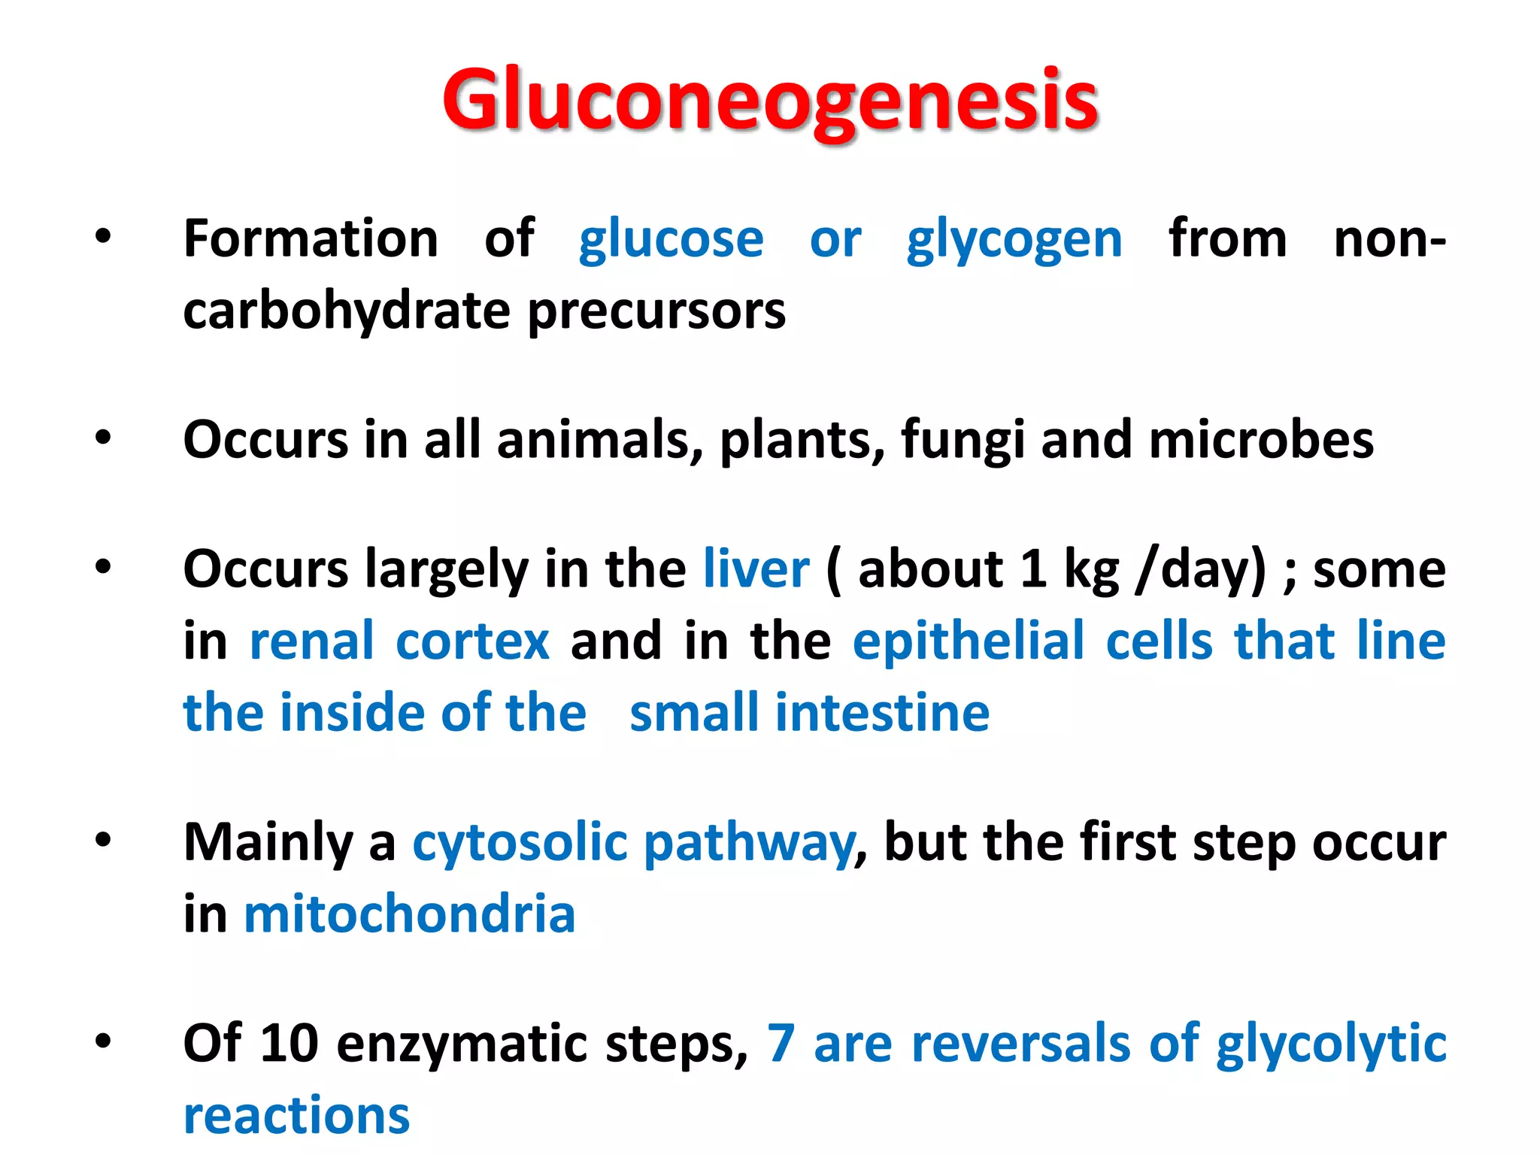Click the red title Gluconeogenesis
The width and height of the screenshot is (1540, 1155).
770,101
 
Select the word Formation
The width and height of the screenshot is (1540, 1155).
311,239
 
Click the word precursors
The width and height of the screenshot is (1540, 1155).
656,311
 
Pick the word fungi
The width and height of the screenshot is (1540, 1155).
962,441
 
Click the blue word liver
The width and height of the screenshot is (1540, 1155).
756,568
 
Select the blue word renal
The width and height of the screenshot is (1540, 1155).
311,641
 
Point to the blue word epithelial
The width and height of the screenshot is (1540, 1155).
969,642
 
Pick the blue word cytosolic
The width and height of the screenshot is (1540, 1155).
520,842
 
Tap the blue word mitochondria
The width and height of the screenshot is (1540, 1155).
410,914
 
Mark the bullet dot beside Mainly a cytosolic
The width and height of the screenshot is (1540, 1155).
103,841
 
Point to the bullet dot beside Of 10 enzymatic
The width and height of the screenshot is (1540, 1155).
103,1042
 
